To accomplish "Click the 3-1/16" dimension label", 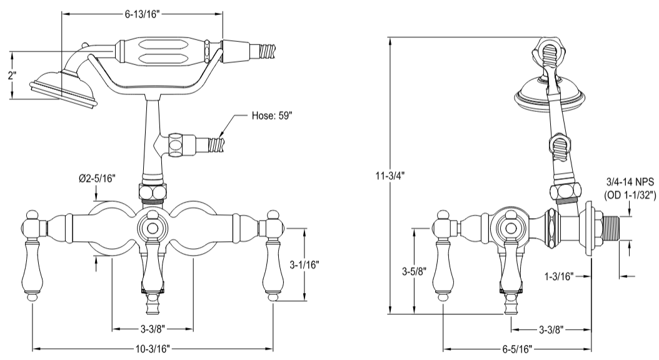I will pyautogui.click(x=304, y=264).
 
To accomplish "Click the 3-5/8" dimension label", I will pyautogui.click(x=414, y=272).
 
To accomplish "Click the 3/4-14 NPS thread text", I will pyautogui.click(x=630, y=182).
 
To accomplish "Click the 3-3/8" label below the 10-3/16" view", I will pyautogui.click(x=153, y=327).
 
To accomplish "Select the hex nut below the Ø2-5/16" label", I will pyautogui.click(x=153, y=191).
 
